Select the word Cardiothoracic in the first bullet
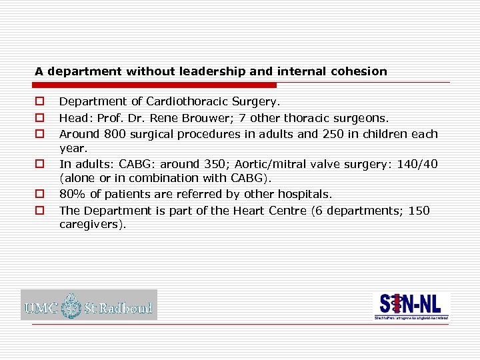point(183,102)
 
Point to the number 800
point(111,134)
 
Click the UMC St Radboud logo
point(89,305)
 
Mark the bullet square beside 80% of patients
point(40,194)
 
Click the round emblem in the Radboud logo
point(71,307)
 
